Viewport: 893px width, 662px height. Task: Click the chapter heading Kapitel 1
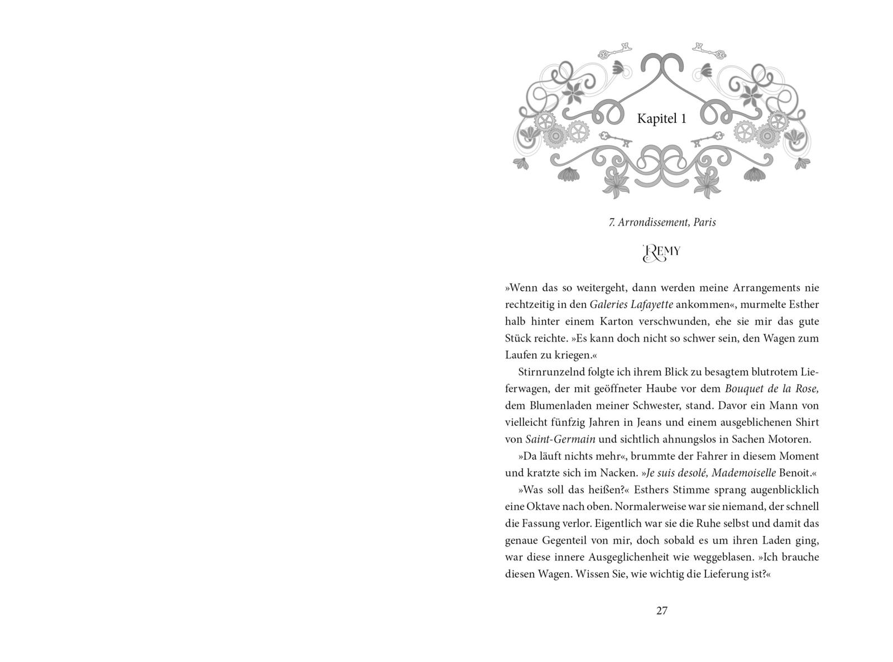point(661,119)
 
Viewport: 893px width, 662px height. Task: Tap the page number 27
point(661,611)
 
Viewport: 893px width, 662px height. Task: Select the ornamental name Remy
point(662,252)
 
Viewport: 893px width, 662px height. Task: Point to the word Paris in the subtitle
point(704,222)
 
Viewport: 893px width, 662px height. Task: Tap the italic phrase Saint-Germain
point(557,439)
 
